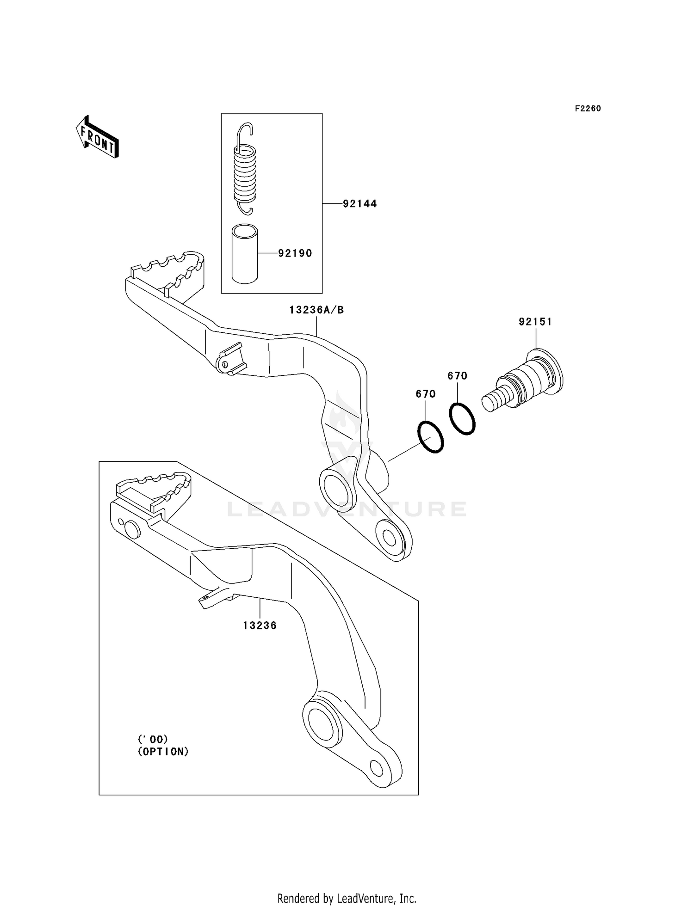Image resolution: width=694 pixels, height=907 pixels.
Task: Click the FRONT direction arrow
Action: pyautogui.click(x=98, y=137)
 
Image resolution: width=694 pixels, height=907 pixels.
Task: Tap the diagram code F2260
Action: pyautogui.click(x=588, y=109)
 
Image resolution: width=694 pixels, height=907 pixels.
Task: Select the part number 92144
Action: pyautogui.click(x=359, y=204)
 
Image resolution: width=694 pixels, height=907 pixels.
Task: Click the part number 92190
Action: pyautogui.click(x=295, y=253)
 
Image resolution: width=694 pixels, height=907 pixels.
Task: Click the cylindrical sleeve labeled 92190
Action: pyautogui.click(x=245, y=254)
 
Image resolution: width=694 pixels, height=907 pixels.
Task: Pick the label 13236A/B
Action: pyautogui.click(x=316, y=310)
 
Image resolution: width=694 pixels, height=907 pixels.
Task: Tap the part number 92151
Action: pyautogui.click(x=535, y=322)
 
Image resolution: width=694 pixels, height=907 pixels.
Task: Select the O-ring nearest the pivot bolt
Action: pyautogui.click(x=462, y=418)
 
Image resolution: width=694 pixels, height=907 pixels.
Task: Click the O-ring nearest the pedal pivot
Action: pyautogui.click(x=430, y=437)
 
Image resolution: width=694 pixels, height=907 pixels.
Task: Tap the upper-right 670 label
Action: pyautogui.click(x=457, y=376)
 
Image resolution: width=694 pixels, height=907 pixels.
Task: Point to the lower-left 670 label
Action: pyautogui.click(x=426, y=394)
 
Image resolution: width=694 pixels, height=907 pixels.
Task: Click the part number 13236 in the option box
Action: pyautogui.click(x=260, y=626)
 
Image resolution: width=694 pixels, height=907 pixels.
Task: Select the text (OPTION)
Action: pyautogui.click(x=163, y=752)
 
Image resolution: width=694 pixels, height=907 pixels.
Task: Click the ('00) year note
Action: pyautogui.click(x=153, y=739)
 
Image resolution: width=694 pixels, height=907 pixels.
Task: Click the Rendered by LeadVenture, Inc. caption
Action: pyautogui.click(x=347, y=898)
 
